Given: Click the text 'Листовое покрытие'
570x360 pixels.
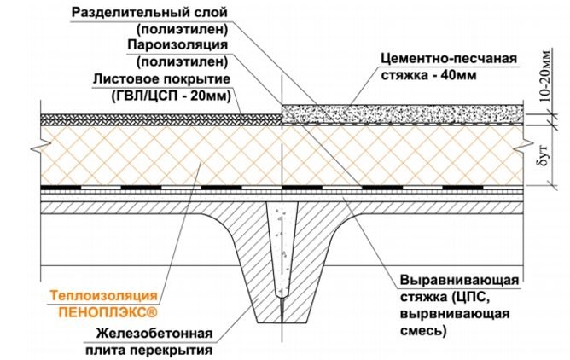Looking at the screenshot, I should (x=160, y=78).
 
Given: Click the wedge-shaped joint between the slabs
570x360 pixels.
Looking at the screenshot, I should (x=281, y=256).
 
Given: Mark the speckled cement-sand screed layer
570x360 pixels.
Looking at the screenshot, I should (x=401, y=112).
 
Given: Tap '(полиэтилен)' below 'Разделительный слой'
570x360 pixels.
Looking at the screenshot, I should (x=182, y=28).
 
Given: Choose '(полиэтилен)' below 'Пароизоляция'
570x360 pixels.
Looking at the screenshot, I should (x=182, y=61).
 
